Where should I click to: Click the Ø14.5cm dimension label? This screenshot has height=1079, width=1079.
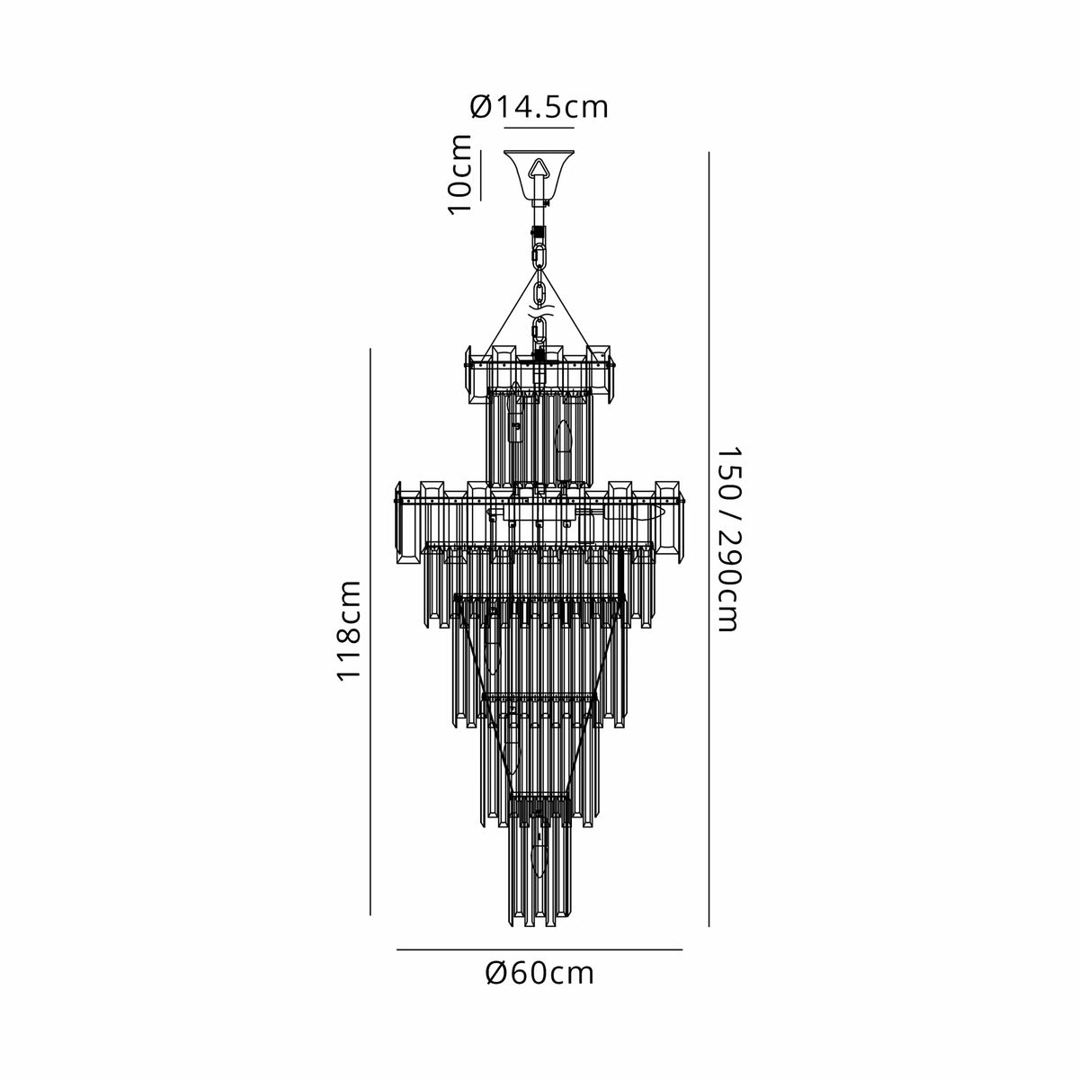539,107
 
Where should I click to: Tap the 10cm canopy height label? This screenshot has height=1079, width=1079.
460,174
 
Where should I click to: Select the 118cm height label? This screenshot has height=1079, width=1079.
348,631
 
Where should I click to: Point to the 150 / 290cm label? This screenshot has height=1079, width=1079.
729,539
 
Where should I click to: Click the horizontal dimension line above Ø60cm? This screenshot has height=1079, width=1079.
539,950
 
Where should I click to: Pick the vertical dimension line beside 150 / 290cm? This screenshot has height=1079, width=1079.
709,539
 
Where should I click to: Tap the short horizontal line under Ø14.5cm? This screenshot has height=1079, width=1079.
539,129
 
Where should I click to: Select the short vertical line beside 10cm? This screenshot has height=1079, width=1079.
480,175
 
